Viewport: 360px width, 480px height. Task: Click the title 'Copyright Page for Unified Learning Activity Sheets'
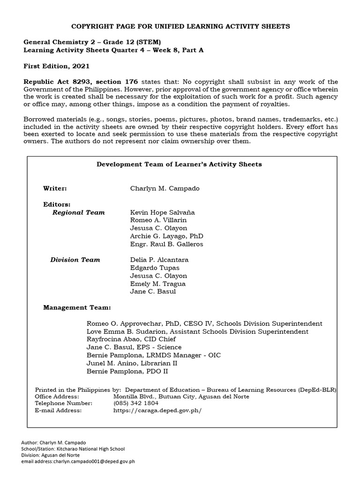(180, 26)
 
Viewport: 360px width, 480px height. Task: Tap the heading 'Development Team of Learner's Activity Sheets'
(179, 164)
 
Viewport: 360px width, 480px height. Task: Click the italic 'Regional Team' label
(78, 212)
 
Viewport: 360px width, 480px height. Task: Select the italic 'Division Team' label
(75, 260)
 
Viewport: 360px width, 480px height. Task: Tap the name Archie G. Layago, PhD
(166, 236)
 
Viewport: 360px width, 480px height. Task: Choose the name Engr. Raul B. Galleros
(166, 244)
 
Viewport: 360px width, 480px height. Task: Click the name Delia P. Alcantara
(159, 260)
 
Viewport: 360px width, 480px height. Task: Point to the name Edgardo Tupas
(155, 268)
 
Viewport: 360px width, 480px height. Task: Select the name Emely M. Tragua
(157, 284)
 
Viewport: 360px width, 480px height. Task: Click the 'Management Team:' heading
(77, 307)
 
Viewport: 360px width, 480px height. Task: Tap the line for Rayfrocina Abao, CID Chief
(131, 339)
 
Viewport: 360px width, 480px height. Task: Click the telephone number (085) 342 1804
(136, 403)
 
